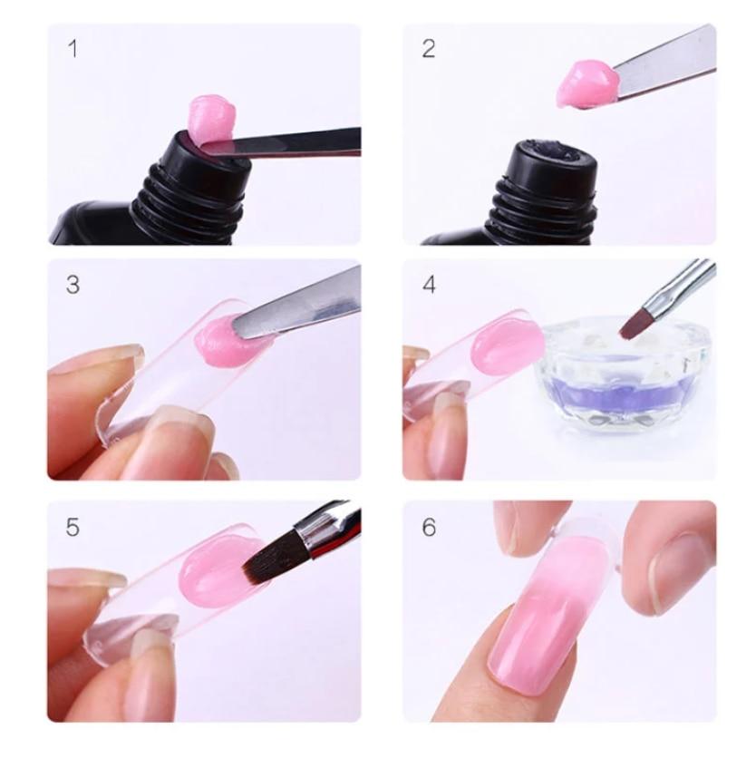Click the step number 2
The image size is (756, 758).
(x=429, y=49)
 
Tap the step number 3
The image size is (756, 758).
(x=73, y=285)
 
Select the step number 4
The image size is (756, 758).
(x=429, y=285)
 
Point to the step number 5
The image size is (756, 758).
(x=73, y=526)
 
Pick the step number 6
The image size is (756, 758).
(x=429, y=527)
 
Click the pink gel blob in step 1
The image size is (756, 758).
(x=212, y=117)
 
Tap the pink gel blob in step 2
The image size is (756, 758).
(x=586, y=83)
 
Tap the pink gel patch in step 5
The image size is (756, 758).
(x=213, y=576)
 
